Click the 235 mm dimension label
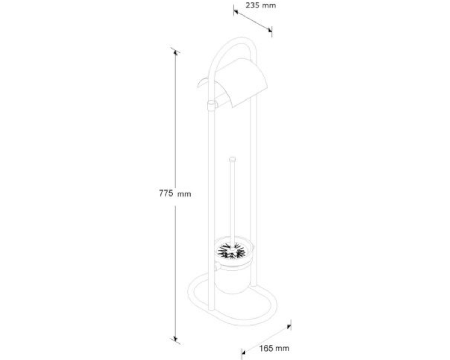click(261, 5)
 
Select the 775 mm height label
click(175, 193)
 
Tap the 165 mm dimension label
click(274, 348)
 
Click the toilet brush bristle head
click(231, 251)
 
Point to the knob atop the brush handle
click(232, 159)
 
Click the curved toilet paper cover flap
click(240, 82)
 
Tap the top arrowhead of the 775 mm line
click(175, 52)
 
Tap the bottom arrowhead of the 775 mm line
click(175, 339)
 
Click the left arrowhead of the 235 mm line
click(236, 12)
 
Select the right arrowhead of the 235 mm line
click(270, 30)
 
